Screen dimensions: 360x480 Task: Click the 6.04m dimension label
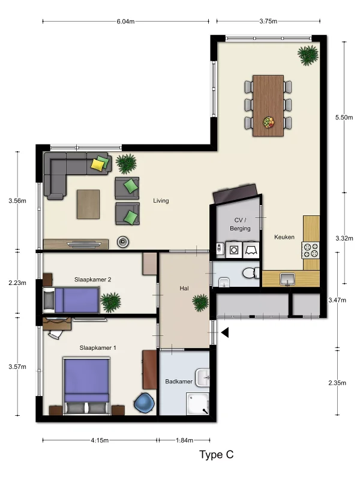click(x=125, y=22)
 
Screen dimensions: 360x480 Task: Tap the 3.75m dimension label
click(x=268, y=21)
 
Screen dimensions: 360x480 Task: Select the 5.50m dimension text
click(x=344, y=117)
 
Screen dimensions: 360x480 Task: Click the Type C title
click(x=217, y=455)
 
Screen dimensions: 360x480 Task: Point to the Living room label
click(x=161, y=201)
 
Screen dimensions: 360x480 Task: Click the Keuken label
click(x=284, y=237)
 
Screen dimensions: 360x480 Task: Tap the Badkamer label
click(x=179, y=382)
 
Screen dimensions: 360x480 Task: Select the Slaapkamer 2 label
click(x=93, y=280)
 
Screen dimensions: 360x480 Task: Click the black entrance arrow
click(x=225, y=332)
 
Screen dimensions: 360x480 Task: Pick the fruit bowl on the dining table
click(x=268, y=122)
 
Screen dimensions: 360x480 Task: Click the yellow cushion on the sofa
click(x=97, y=164)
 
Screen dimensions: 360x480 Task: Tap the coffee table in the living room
click(x=88, y=204)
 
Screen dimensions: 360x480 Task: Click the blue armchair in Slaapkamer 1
click(x=144, y=402)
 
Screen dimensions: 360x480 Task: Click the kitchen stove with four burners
click(x=311, y=250)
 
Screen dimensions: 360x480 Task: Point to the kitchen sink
click(x=288, y=279)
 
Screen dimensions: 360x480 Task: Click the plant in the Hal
click(x=200, y=302)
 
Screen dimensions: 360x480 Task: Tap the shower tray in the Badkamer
click(x=198, y=404)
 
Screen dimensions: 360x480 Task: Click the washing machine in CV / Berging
click(x=234, y=250)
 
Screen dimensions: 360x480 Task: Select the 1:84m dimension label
click(x=184, y=440)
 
